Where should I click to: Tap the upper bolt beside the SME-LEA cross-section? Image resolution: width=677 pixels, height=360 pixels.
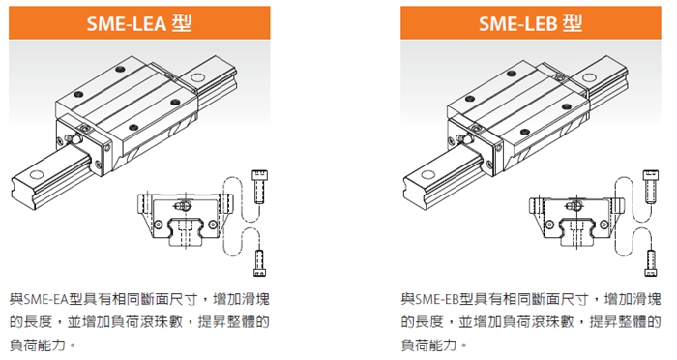tap(259, 186)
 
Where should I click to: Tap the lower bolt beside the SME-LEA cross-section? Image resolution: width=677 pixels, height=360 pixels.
tap(259, 263)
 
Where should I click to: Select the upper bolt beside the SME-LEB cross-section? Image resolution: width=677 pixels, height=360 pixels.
tap(651, 186)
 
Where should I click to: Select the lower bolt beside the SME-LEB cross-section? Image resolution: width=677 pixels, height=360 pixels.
tap(651, 263)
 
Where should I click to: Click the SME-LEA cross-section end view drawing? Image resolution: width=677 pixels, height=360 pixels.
tap(185, 220)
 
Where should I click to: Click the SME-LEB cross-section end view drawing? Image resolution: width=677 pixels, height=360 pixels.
tap(576, 221)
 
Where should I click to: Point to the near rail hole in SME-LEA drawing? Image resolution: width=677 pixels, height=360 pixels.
tap(37, 174)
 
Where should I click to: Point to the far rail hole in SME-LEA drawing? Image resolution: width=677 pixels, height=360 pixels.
tap(197, 78)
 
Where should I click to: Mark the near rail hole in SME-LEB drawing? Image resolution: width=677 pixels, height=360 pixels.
tap(427, 175)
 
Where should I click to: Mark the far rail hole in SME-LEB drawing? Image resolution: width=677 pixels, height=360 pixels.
tap(588, 78)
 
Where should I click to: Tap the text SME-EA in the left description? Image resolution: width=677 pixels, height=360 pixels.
tap(45, 299)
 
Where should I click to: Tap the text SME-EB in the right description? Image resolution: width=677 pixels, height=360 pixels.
tap(437, 299)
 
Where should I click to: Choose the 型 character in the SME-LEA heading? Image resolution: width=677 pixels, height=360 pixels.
tap(182, 23)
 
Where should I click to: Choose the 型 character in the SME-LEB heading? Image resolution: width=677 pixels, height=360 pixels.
tap(573, 23)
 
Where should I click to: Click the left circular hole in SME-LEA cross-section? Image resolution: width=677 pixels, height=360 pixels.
tap(158, 225)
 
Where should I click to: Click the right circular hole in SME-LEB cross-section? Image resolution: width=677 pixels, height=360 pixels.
tap(604, 225)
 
